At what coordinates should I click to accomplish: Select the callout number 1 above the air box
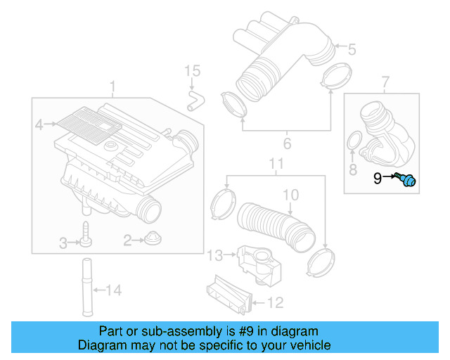(x=112, y=86)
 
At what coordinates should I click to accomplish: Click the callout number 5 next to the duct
(x=352, y=49)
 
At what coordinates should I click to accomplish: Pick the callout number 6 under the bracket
(x=286, y=145)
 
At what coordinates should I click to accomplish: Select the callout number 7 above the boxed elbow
(x=385, y=84)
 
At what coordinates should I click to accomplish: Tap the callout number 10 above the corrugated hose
(x=290, y=195)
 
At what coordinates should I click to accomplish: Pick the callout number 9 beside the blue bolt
(x=378, y=179)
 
